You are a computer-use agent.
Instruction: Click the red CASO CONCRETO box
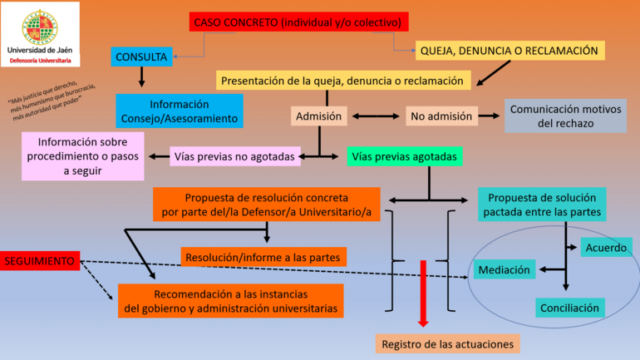[x=299, y=22]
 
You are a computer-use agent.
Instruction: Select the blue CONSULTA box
[x=142, y=57]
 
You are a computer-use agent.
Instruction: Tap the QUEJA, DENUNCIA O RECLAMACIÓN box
[x=510, y=51]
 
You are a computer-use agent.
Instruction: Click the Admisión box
[x=319, y=116]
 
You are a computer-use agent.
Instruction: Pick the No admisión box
[x=442, y=116]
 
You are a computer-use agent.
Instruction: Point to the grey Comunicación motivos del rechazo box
[x=565, y=116]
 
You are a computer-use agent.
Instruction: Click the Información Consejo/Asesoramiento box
[x=179, y=111]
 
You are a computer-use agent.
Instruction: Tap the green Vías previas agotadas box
[x=403, y=155]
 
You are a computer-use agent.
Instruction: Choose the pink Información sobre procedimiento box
[x=83, y=155]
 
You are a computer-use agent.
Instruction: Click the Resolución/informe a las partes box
[x=263, y=256]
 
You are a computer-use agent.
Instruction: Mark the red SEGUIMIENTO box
[x=41, y=261]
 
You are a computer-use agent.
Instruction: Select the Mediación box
[x=504, y=269]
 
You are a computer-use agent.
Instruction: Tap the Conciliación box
[x=569, y=308]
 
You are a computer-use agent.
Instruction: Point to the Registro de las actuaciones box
[x=446, y=343]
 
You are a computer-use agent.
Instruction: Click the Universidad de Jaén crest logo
[x=40, y=24]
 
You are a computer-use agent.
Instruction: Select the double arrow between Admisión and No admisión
[x=376, y=116]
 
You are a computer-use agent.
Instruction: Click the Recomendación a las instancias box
[x=230, y=302]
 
